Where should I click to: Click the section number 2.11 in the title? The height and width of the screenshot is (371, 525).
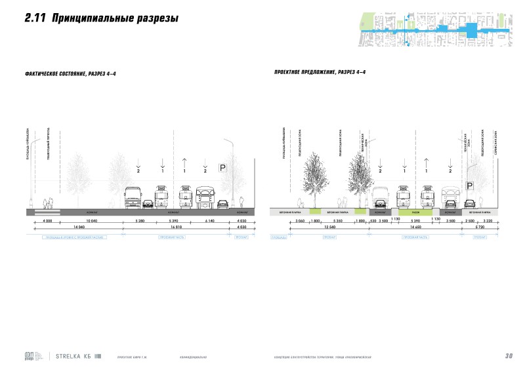(x=33, y=19)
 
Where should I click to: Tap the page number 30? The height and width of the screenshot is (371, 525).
(x=508, y=357)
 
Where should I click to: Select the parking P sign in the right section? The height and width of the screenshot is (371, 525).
(x=469, y=186)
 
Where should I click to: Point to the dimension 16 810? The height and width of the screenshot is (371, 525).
(x=178, y=227)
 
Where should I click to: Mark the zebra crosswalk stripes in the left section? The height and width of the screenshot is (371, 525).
(x=43, y=212)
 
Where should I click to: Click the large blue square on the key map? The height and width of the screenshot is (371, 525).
(x=471, y=30)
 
